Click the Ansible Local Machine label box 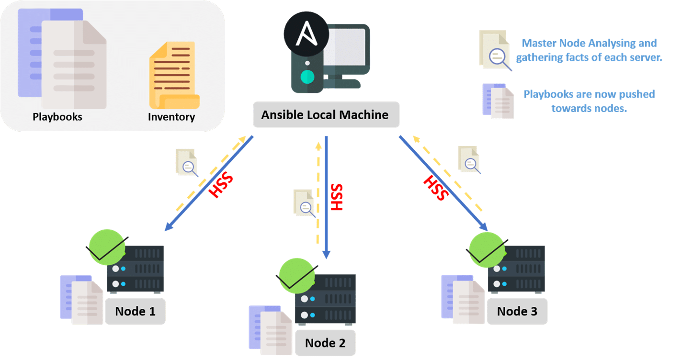pyautogui.click(x=326, y=115)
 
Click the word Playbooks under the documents pyautogui.click(x=57, y=117)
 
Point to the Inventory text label pyautogui.click(x=171, y=117)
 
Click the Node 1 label pyautogui.click(x=135, y=311)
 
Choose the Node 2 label pyautogui.click(x=325, y=343)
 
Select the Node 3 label pyautogui.click(x=517, y=311)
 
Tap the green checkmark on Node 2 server pyautogui.click(x=297, y=276)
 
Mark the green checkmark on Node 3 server pyautogui.click(x=487, y=249)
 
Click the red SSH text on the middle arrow pyautogui.click(x=337, y=197)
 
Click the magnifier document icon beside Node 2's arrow pyautogui.click(x=304, y=202)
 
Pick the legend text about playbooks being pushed pyautogui.click(x=589, y=101)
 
